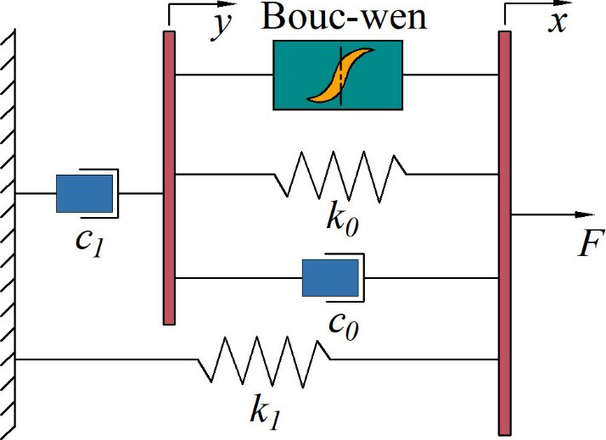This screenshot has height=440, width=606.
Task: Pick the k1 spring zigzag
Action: [x=264, y=359]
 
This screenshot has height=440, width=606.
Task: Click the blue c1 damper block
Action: [x=84, y=193]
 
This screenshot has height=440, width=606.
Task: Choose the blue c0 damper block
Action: [x=330, y=278]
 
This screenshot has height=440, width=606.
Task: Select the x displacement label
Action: [x=557, y=21]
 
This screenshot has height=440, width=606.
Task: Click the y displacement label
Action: [x=222, y=25]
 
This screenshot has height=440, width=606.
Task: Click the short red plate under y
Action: [x=169, y=177]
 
